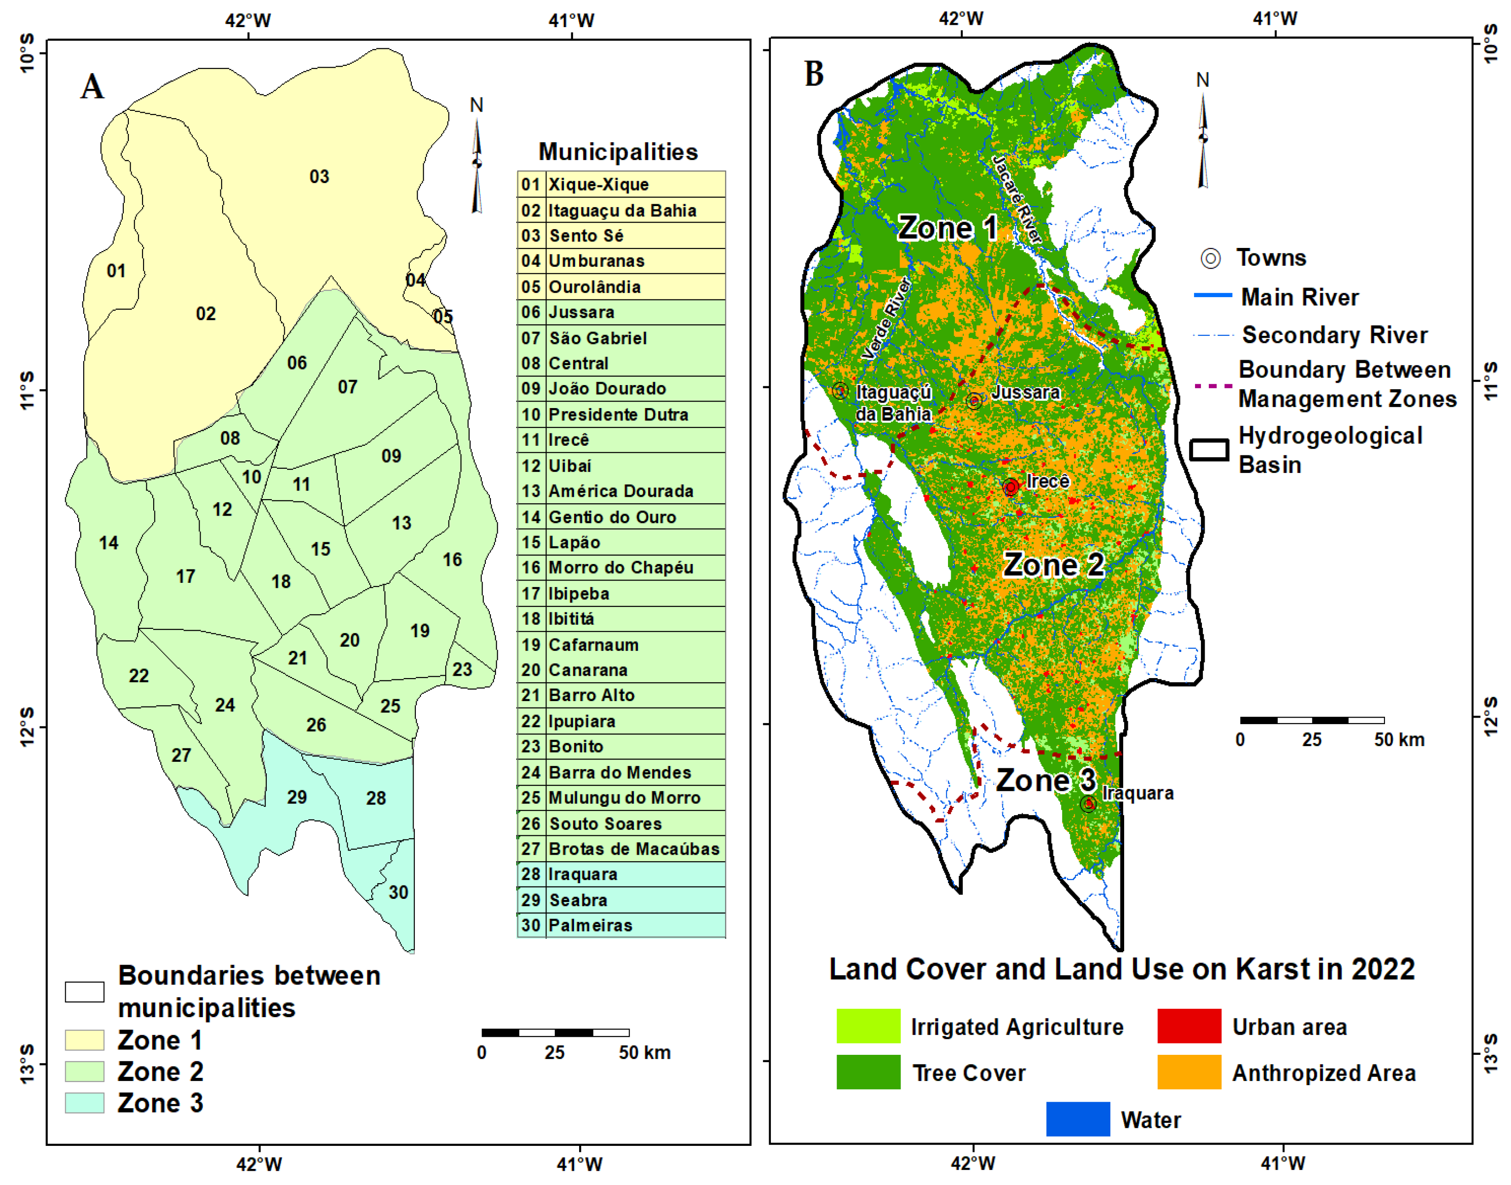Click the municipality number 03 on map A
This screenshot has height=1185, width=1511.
(319, 177)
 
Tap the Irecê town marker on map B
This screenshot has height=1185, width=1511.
(1011, 487)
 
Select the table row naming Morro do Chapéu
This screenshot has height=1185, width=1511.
(621, 568)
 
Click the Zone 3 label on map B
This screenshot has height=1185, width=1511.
(1046, 781)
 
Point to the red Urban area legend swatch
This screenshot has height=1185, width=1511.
(1189, 1026)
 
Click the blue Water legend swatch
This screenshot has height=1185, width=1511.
(1077, 1119)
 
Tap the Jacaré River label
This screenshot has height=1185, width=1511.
(1017, 199)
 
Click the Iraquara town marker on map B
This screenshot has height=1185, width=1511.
(1088, 804)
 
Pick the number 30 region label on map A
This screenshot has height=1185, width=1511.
(398, 892)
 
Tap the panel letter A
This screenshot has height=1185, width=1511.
(92, 87)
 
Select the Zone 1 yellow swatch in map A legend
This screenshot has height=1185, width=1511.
(85, 1040)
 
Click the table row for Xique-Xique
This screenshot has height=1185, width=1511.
(621, 184)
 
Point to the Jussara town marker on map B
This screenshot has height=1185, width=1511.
(974, 400)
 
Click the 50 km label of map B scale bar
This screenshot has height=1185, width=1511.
(1399, 740)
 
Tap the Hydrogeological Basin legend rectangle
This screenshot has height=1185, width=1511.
(1209, 449)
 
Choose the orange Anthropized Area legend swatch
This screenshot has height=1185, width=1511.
(1189, 1072)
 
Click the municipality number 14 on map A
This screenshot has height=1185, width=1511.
(109, 543)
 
